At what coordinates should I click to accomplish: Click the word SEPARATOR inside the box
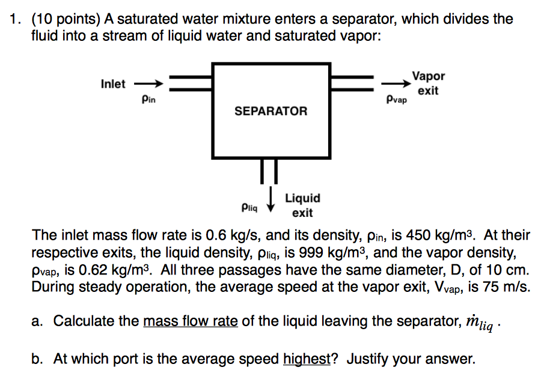pyautogui.click(x=270, y=111)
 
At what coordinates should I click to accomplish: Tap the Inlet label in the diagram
pyautogui.click(x=113, y=84)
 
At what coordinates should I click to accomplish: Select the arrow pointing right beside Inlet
pyautogui.click(x=149, y=83)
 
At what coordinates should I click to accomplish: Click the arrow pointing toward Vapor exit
pyautogui.click(x=396, y=83)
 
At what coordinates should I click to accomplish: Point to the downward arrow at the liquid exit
pyautogui.click(x=270, y=199)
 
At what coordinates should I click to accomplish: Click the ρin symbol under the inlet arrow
pyautogui.click(x=148, y=100)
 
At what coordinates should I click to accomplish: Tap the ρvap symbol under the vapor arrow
pyautogui.click(x=397, y=100)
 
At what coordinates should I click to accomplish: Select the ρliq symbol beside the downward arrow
pyautogui.click(x=249, y=208)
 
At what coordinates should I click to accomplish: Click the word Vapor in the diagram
pyautogui.click(x=429, y=76)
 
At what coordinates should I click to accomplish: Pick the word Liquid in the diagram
pyautogui.click(x=302, y=198)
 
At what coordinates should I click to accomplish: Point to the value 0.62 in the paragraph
pyautogui.click(x=93, y=270)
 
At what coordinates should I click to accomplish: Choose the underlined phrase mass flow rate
pyautogui.click(x=191, y=321)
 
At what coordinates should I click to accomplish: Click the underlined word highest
pyautogui.click(x=307, y=359)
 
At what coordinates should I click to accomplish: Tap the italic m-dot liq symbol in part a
pyautogui.click(x=480, y=323)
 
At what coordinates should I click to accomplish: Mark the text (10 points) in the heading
pyautogui.click(x=66, y=19)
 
